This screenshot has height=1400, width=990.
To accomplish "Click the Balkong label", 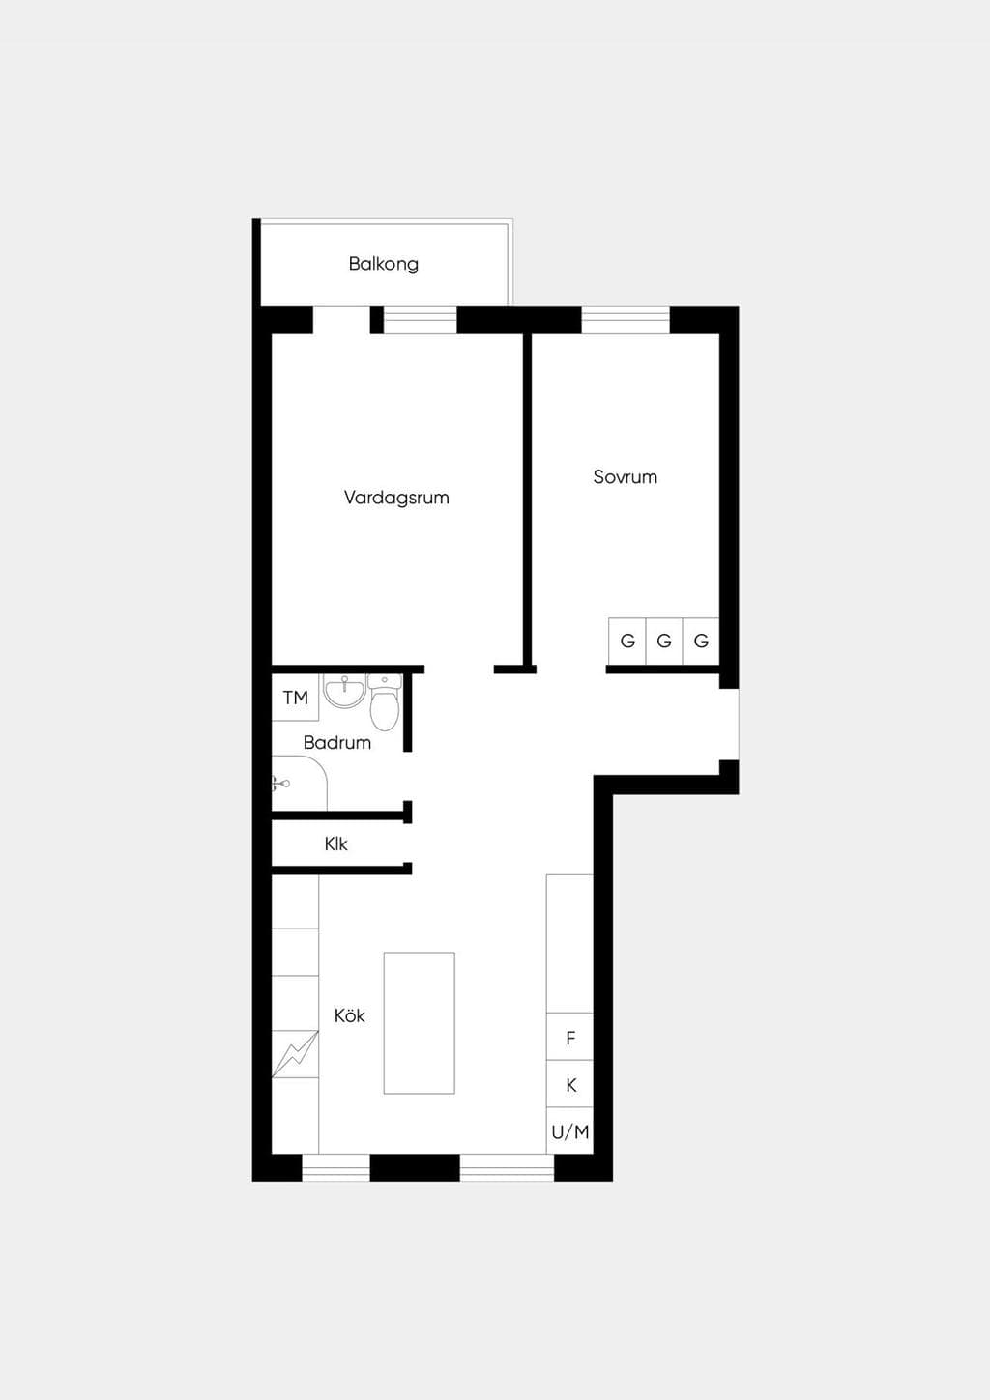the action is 384,264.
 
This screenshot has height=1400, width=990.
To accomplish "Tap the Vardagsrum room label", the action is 396,498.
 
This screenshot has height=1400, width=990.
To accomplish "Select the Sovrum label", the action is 625,477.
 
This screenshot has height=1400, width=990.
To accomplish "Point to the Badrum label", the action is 337,742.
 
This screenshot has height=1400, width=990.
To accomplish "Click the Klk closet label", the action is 335,843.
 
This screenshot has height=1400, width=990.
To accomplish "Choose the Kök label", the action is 350,1015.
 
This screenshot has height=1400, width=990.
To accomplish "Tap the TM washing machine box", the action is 295,697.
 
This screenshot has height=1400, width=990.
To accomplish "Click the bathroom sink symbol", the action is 344,691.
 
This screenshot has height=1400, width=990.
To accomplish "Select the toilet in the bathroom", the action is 384,701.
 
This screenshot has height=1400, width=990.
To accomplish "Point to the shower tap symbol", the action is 279,783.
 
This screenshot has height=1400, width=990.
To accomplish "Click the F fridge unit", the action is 569,1038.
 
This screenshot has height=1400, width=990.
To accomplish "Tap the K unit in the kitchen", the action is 569,1085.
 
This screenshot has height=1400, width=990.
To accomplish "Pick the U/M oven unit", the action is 569,1131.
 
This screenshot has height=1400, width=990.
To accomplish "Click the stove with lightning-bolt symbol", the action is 295,1054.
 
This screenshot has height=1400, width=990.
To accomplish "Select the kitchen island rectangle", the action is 419,1023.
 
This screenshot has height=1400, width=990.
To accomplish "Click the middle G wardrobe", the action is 664,642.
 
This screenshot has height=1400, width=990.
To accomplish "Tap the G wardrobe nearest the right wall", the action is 701,642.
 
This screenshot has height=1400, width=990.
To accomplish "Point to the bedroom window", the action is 626,320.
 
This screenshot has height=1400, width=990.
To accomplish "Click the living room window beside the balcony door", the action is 421,320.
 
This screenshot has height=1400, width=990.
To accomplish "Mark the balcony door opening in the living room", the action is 341,320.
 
